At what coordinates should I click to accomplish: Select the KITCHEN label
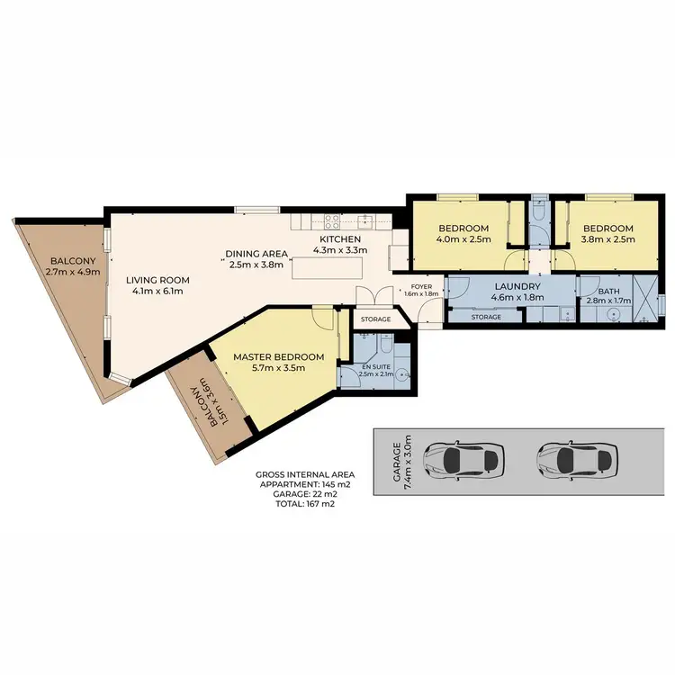pyautogui.click(x=337, y=238)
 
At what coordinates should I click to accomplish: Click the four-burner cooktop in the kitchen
pyautogui.click(x=331, y=220)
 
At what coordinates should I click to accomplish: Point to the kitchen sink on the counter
pyautogui.click(x=365, y=220)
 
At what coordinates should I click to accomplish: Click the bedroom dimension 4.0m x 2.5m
pyautogui.click(x=464, y=240)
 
